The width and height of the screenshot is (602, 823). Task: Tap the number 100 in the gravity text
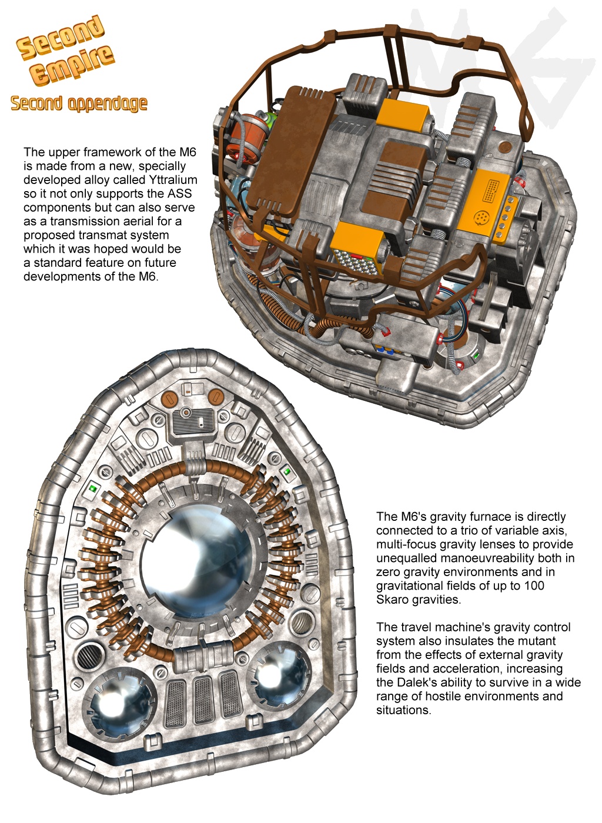[534, 586]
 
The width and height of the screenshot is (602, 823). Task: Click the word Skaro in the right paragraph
[392, 600]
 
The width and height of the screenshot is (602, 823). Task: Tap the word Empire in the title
[72, 65]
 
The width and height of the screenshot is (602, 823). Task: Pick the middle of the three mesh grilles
[202, 700]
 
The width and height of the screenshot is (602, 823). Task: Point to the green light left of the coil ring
[92, 488]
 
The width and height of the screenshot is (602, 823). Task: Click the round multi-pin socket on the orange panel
[483, 216]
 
